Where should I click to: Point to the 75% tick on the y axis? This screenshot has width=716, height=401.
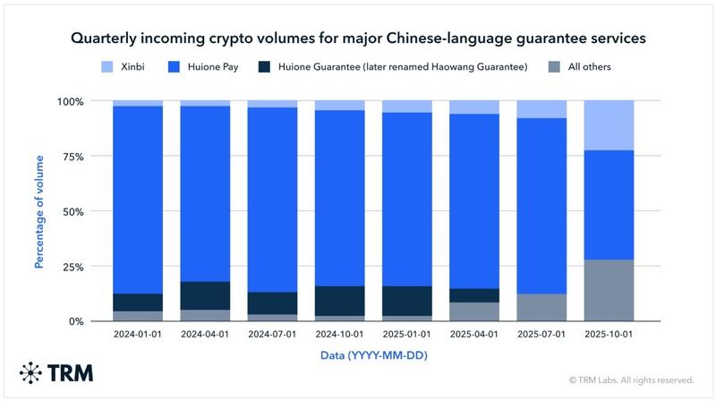pyautogui.click(x=71, y=157)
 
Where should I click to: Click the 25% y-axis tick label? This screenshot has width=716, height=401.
pyautogui.click(x=71, y=267)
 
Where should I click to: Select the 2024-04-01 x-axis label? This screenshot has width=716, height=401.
pyautogui.click(x=205, y=335)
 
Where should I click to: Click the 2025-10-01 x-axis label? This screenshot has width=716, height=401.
pyautogui.click(x=609, y=335)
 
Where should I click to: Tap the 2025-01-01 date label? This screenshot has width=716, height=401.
pyautogui.click(x=407, y=335)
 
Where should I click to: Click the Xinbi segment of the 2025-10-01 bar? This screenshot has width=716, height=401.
pyautogui.click(x=609, y=125)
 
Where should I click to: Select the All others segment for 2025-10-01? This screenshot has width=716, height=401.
pyautogui.click(x=609, y=290)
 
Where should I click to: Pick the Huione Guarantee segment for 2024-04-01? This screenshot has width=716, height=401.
pyautogui.click(x=205, y=295)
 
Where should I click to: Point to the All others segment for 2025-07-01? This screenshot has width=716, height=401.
pyautogui.click(x=541, y=307)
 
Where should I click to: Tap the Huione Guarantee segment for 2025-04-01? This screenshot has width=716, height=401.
pyautogui.click(x=474, y=295)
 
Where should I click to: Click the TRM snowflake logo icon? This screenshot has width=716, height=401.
pyautogui.click(x=31, y=372)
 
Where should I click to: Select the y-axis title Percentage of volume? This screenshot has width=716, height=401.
pyautogui.click(x=38, y=211)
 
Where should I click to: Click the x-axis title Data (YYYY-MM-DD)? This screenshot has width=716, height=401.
pyautogui.click(x=373, y=355)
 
